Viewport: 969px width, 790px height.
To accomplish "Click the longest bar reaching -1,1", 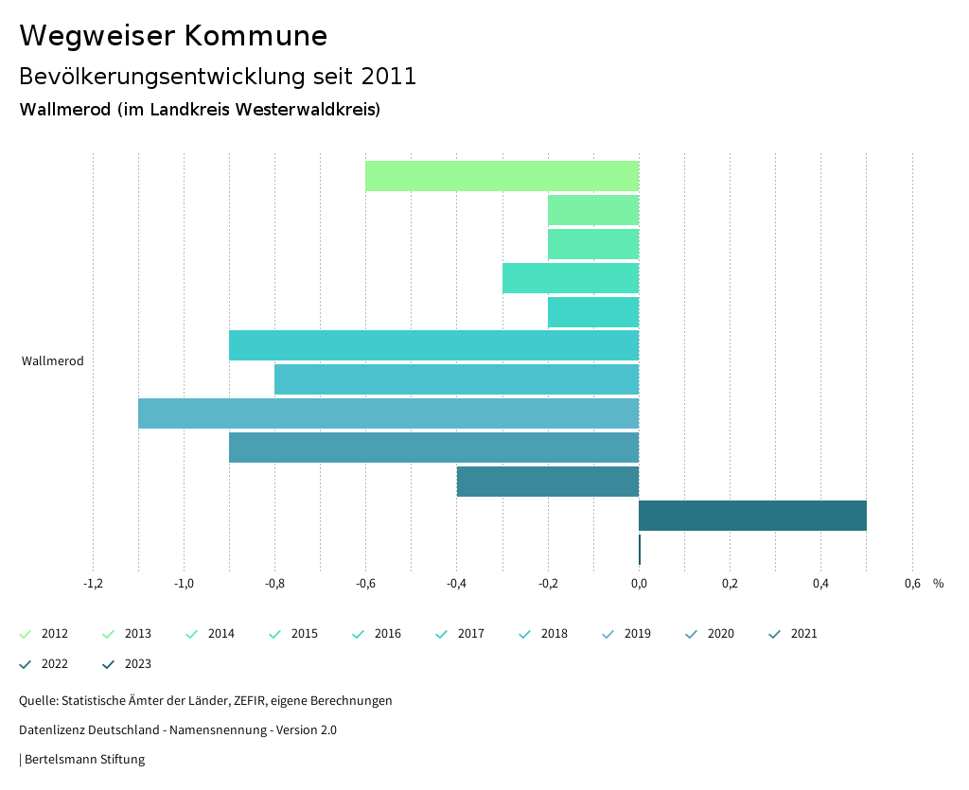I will [388, 413].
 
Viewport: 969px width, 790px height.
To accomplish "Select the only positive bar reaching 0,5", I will [752, 516].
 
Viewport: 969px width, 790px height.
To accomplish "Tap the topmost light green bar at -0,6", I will [502, 176].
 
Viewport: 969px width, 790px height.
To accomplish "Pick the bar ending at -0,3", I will [571, 278].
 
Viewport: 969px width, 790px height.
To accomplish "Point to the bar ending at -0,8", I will [456, 379].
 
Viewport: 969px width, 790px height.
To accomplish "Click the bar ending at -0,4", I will [548, 482].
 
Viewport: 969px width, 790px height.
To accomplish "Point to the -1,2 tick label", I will [93, 584].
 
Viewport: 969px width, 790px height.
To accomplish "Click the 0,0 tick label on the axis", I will [639, 584].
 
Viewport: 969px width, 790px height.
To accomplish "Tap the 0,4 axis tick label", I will [820, 584].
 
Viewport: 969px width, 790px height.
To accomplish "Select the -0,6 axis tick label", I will [365, 584].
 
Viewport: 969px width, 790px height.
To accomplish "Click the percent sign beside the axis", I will [938, 584].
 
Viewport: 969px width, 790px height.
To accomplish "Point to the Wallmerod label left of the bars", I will [53, 361].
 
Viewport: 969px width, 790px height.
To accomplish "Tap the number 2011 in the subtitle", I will [389, 77].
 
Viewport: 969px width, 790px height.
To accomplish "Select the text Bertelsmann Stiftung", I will [84, 760].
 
